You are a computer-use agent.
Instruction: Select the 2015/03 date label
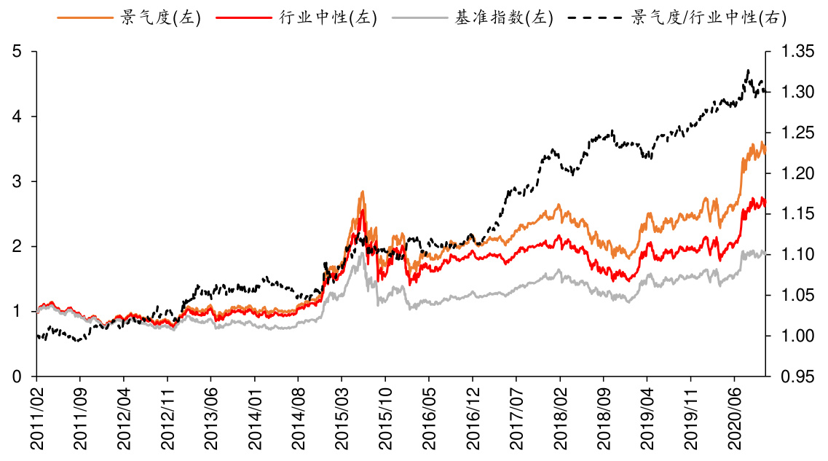click(x=342, y=418)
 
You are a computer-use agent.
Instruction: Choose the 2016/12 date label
click(x=473, y=418)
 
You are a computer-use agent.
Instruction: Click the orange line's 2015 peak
click(x=362, y=192)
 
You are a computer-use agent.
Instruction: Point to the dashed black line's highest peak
click(x=748, y=70)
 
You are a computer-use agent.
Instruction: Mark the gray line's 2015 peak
click(x=362, y=253)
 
